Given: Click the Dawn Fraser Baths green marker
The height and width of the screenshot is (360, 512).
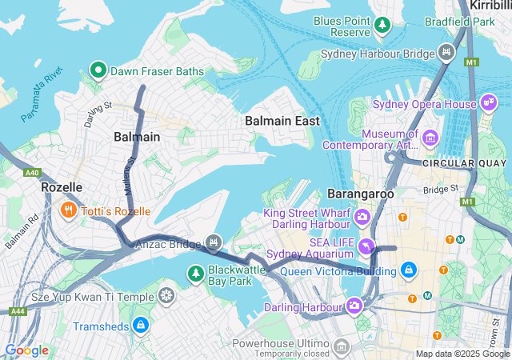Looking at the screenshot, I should pyautogui.click(x=99, y=71).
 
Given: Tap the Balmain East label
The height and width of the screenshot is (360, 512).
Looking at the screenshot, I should pyautogui.click(x=282, y=121).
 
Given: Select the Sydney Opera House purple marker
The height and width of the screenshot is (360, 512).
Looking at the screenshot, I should pyautogui.click(x=488, y=103).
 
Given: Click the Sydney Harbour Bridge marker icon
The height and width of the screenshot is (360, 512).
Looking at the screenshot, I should pyautogui.click(x=447, y=54).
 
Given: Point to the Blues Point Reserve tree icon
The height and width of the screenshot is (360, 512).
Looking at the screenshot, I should pyautogui.click(x=383, y=26).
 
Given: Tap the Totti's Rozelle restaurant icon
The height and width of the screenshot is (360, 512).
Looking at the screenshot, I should pyautogui.click(x=69, y=211).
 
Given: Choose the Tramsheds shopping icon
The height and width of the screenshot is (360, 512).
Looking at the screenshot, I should pyautogui.click(x=141, y=325).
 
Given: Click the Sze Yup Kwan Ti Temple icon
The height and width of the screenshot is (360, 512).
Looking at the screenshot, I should pyautogui.click(x=166, y=296).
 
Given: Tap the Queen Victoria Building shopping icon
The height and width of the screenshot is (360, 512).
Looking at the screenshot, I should pyautogui.click(x=409, y=270).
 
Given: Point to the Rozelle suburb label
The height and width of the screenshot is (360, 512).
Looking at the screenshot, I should pyautogui.click(x=62, y=187).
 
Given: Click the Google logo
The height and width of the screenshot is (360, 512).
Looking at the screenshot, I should pyautogui.click(x=26, y=350).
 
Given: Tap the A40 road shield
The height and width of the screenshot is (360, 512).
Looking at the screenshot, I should pyautogui.click(x=32, y=172).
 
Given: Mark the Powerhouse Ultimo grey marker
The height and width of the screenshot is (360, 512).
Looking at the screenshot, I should pyautogui.click(x=342, y=346).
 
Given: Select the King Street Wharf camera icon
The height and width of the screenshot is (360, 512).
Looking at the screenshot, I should pyautogui.click(x=362, y=217).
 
